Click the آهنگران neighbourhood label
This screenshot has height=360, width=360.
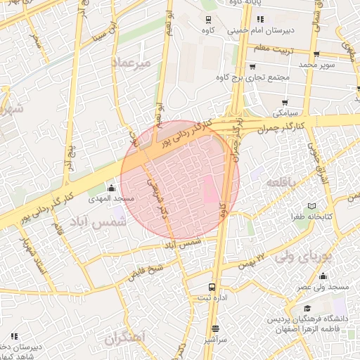coord(125,338)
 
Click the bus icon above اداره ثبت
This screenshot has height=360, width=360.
coord(212,287)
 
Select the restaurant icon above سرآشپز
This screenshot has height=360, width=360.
coord(215,328)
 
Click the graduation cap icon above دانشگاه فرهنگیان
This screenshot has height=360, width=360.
coord(307,308)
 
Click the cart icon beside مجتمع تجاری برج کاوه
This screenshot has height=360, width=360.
coord(251,67)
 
